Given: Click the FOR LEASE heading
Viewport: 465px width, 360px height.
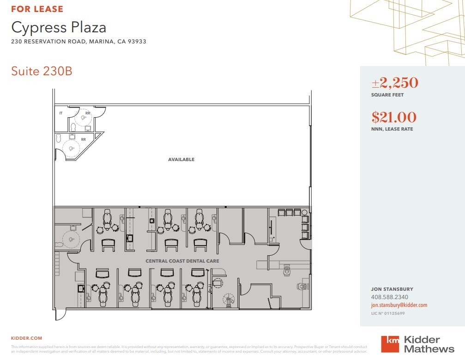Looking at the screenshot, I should (37, 9).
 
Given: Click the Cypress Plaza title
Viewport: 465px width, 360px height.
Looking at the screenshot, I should (59, 27).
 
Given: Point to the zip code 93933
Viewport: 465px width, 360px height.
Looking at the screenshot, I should (137, 42).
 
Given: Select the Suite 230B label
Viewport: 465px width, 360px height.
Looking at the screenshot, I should (42, 72).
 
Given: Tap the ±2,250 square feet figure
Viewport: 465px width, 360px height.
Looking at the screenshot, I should (395, 83).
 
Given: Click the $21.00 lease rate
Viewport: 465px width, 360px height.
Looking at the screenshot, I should (394, 117).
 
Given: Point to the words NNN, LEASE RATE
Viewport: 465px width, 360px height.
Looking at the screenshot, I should (392, 129).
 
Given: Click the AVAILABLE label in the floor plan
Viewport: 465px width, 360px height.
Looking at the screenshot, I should (181, 160).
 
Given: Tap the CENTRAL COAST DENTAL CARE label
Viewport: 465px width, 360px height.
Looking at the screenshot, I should (182, 261).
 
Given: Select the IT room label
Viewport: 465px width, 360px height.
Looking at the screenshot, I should (61, 113).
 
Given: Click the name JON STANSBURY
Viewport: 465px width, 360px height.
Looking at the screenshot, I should (392, 289).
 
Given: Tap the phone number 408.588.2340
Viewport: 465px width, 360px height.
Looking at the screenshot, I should (389, 297).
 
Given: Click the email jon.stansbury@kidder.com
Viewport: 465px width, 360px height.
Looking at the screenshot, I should (399, 305).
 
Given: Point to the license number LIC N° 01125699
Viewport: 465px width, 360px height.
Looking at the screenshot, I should (388, 313).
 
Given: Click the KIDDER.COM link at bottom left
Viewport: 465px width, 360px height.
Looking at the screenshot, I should (26, 338).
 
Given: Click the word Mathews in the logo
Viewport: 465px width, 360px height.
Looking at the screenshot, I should (429, 349).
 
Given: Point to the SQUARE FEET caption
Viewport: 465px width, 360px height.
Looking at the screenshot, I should (387, 95).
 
